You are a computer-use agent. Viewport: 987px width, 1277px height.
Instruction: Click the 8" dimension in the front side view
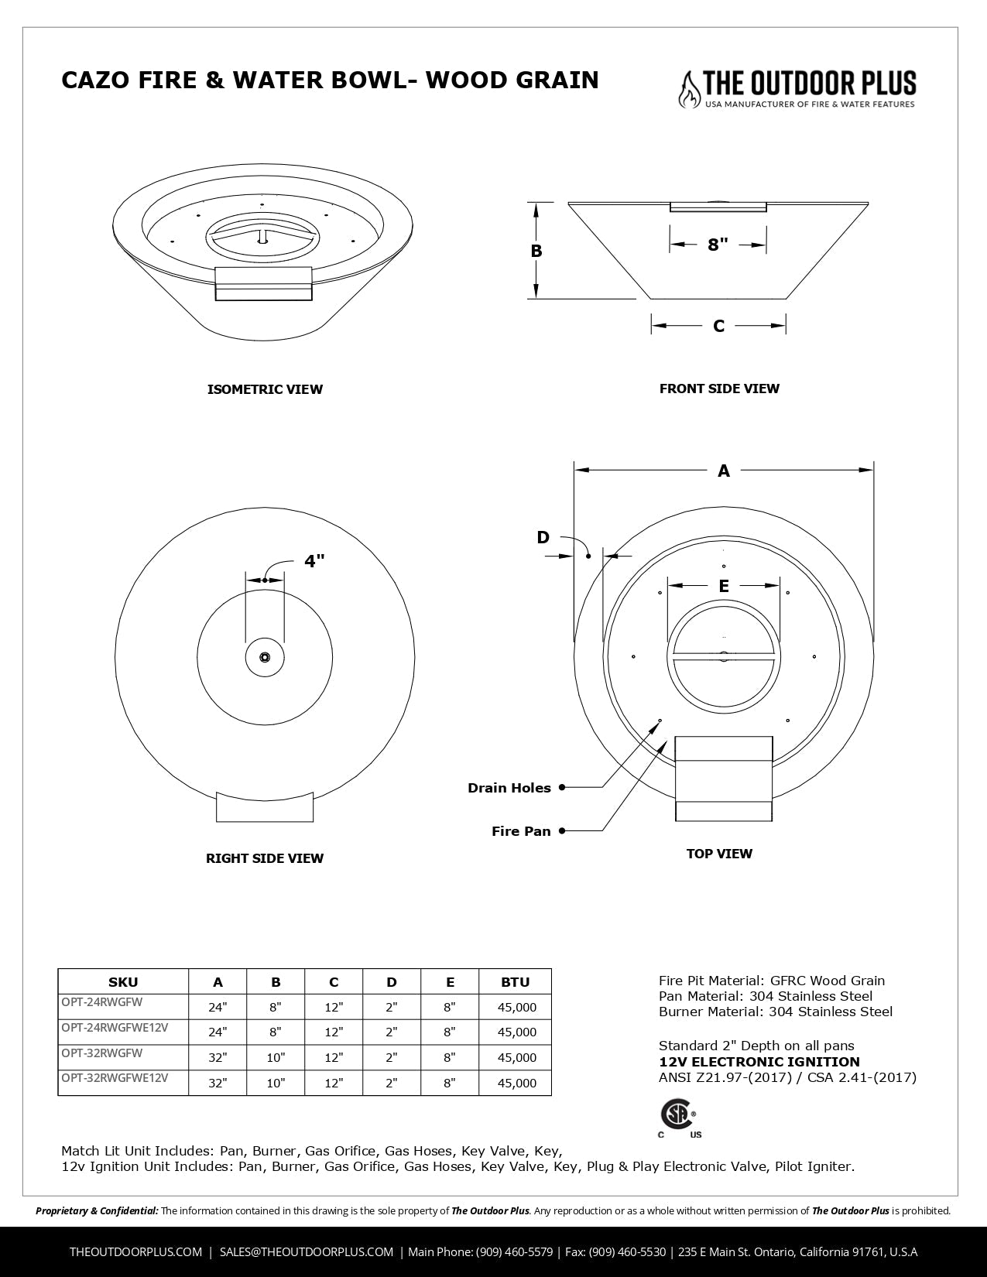[x=718, y=245]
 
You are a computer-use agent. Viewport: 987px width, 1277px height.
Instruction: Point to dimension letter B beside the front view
[x=536, y=251]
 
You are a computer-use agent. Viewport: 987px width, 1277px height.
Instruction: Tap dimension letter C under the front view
[x=718, y=326]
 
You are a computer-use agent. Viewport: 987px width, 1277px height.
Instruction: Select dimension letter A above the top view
[x=724, y=470]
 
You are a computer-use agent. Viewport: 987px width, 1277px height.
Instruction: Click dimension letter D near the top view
[x=543, y=537]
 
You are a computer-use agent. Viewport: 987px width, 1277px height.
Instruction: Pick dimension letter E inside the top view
[x=724, y=586]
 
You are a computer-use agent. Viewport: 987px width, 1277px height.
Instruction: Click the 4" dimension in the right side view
[x=314, y=561]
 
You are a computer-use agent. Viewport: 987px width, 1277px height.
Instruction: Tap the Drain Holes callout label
[x=509, y=788]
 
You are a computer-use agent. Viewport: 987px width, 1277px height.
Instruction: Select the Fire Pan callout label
[x=521, y=831]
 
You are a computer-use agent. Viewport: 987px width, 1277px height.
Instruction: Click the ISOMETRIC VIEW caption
[x=265, y=389]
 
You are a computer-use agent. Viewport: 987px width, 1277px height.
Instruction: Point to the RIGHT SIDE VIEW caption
[x=265, y=858]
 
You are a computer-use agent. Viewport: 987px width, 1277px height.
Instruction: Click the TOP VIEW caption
[x=719, y=854]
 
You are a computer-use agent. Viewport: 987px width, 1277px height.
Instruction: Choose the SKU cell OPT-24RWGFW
[x=102, y=1001]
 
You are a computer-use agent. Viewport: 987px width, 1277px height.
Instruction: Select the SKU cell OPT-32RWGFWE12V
[x=115, y=1077]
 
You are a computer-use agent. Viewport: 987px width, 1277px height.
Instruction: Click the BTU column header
[x=515, y=982]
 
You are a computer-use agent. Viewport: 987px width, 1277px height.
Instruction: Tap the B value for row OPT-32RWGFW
[x=276, y=1058]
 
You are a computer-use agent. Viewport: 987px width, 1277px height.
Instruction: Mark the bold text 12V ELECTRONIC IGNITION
[x=759, y=1062]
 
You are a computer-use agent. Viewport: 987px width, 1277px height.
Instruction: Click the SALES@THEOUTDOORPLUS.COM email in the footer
[x=307, y=1251]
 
